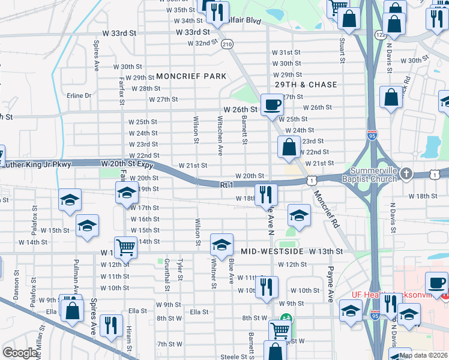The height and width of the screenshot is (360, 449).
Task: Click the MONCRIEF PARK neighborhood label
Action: tap(191, 76)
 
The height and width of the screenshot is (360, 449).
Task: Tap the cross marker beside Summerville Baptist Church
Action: tap(406, 173)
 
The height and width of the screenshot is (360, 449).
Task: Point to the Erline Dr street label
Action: tap(79, 95)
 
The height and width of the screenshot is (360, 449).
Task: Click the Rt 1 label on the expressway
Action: tap(226, 185)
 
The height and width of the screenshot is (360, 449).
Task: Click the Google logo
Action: tap(20, 353)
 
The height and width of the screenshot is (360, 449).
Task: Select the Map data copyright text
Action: tap(423, 355)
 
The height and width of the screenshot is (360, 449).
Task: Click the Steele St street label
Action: tap(221, 357)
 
